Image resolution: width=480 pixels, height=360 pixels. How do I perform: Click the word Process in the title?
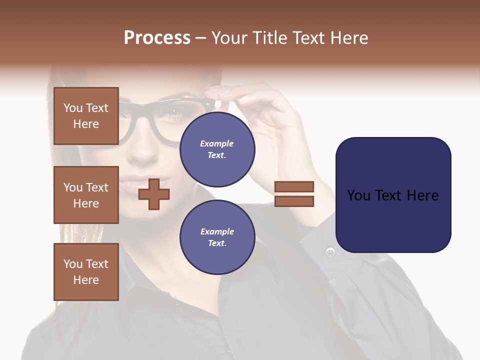coord(157,38)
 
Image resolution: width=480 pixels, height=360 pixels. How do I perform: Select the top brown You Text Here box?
coord(86,116)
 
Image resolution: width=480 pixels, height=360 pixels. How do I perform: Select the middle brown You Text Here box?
coord(86,195)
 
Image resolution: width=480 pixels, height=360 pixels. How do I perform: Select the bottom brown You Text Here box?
coord(86,272)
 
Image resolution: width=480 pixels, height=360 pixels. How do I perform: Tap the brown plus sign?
coord(154,194)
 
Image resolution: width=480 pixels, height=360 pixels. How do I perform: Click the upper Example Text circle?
coord(217,149)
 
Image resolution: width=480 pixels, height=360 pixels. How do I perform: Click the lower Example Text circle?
coord(217,237)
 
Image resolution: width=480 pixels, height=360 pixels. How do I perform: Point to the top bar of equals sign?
coord(294,186)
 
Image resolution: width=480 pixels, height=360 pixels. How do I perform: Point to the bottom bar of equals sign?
coord(294,201)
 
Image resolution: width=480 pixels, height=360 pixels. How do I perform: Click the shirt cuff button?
coord(330,252)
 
